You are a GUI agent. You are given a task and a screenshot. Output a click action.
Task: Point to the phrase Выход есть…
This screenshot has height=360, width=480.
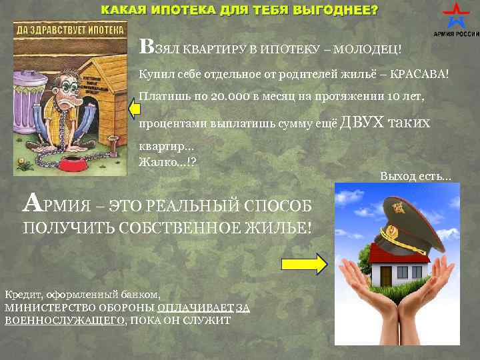415,176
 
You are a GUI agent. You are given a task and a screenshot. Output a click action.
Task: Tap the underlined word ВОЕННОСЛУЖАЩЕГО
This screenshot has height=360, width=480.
65,320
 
